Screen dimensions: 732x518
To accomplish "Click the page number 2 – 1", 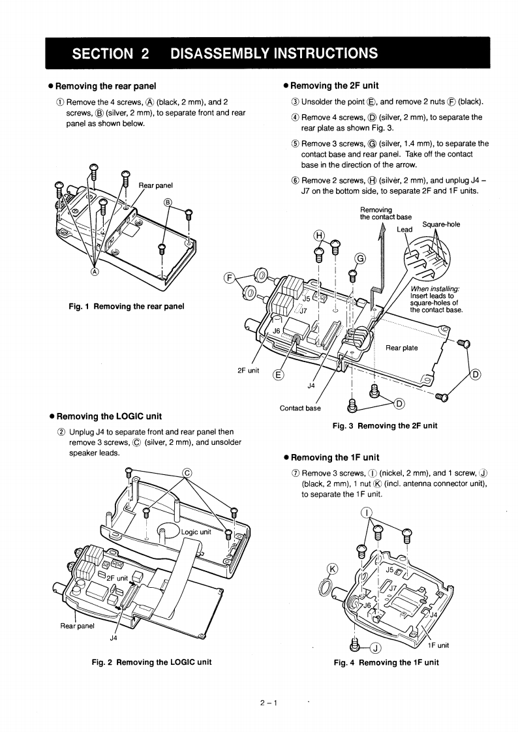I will (x=268, y=703).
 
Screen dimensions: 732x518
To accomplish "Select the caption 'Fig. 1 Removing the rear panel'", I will (x=127, y=306).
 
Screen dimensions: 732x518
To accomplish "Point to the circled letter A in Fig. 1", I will (x=95, y=272).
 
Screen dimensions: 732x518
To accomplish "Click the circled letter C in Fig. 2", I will (x=187, y=472).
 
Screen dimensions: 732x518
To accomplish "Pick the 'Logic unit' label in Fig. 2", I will (x=196, y=532).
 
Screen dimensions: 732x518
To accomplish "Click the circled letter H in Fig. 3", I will (x=319, y=235).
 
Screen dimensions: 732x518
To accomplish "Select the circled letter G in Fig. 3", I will (x=360, y=260).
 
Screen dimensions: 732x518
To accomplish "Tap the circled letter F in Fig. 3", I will (x=229, y=279).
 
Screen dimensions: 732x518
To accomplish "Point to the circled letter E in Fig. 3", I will (x=279, y=374).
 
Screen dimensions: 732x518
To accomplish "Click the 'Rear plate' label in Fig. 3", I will (x=402, y=348).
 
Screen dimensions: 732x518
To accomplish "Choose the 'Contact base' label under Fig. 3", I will (x=300, y=408).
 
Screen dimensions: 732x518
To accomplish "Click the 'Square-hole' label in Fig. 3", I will (x=441, y=224).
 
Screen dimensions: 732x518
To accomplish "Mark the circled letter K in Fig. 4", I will (x=333, y=568).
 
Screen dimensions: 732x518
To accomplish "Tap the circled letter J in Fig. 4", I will (x=376, y=647).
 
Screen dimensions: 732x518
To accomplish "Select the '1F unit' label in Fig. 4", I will (x=438, y=646).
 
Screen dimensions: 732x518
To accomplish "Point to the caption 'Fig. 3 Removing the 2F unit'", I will (x=385, y=425).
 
